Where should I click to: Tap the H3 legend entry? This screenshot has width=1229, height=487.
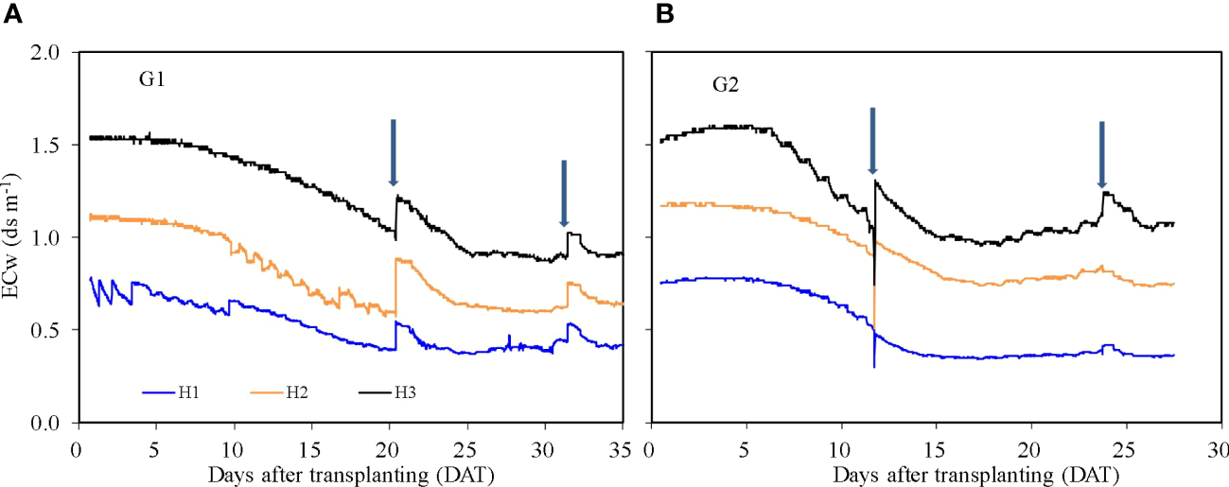pyautogui.click(x=408, y=391)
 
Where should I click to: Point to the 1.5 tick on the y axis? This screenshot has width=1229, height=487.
pyautogui.click(x=47, y=146)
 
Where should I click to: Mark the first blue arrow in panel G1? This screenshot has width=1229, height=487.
pyautogui.click(x=393, y=152)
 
